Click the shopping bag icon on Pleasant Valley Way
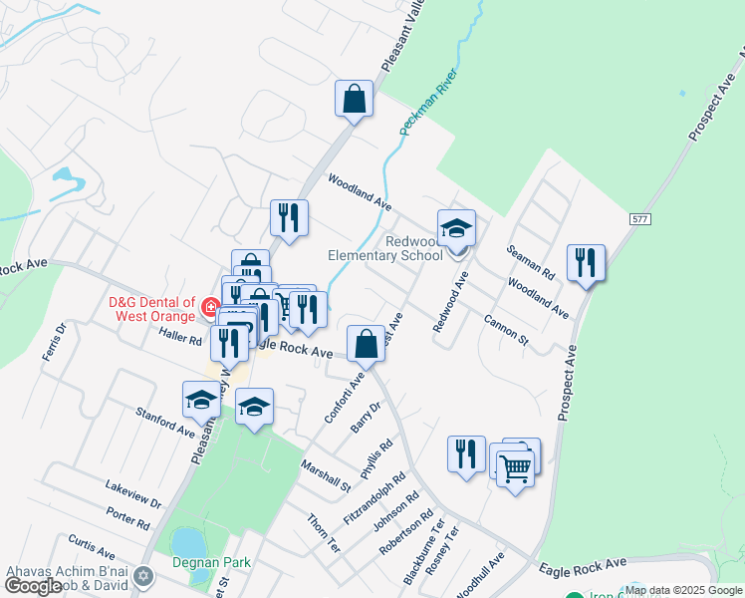(x=354, y=99)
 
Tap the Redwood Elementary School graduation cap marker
(x=456, y=228)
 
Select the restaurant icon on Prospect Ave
(x=586, y=263)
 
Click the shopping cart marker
(x=515, y=466)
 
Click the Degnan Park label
(x=209, y=562)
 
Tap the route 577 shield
(x=641, y=217)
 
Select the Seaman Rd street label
(x=530, y=261)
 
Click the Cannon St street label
(x=506, y=329)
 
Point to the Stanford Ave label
(x=165, y=422)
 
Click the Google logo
(x=33, y=586)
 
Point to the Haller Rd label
(x=180, y=339)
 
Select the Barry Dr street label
(x=367, y=417)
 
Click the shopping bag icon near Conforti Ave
(x=367, y=344)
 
